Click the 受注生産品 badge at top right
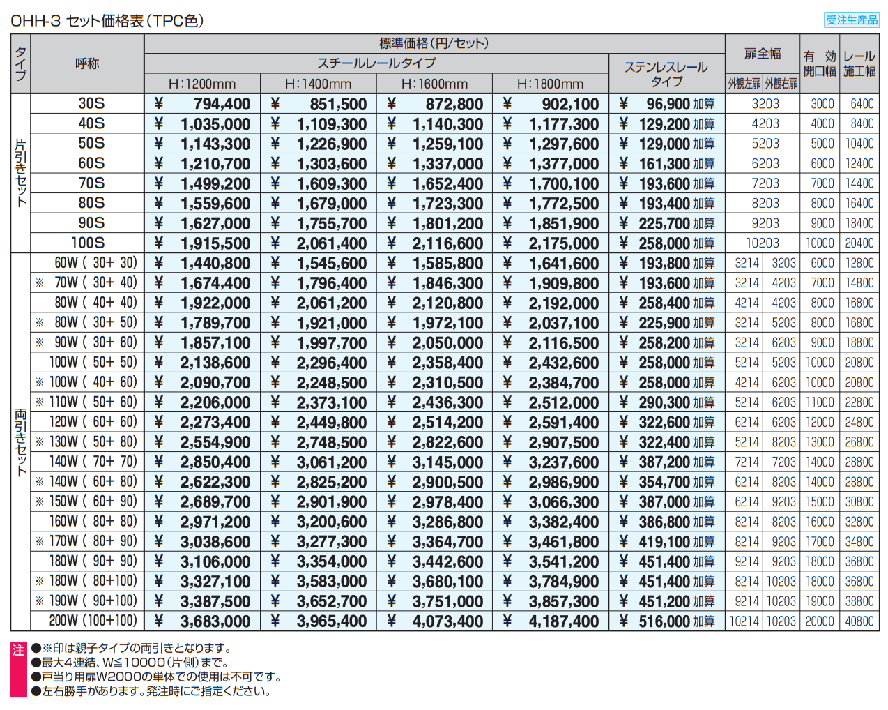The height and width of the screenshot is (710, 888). [x=852, y=20]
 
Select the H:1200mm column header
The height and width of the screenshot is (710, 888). [x=202, y=84]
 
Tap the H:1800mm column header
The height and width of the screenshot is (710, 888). [x=550, y=84]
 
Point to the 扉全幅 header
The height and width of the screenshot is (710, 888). [x=763, y=54]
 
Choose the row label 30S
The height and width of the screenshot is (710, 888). [x=91, y=104]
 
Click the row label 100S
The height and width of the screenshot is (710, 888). [x=88, y=243]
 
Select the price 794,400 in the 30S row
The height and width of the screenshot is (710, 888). [x=221, y=105]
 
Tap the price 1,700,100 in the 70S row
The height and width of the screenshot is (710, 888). [x=563, y=184]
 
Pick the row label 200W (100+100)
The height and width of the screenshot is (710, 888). [x=93, y=621]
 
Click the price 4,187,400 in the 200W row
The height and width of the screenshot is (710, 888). [x=563, y=621]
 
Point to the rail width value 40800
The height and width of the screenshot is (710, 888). [x=859, y=621]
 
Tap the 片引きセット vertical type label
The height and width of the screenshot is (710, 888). [x=21, y=173]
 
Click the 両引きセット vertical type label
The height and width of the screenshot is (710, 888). [x=21, y=442]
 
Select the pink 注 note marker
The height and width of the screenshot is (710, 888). [x=18, y=651]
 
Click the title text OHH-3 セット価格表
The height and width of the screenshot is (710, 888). [x=107, y=21]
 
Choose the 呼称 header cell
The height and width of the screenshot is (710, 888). [x=87, y=63]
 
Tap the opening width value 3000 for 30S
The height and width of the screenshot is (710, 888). [x=822, y=104]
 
